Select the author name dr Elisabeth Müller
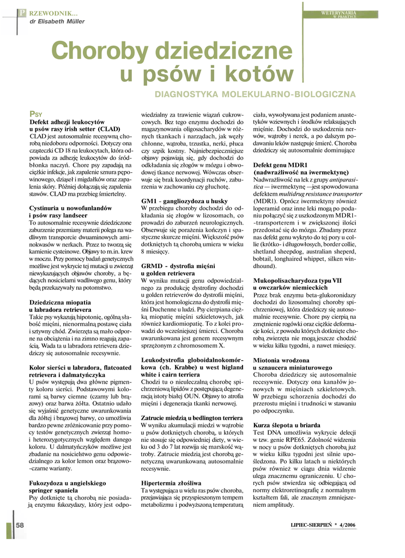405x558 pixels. [x=53, y=21]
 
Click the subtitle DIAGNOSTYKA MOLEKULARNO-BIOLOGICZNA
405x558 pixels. [x=256, y=94]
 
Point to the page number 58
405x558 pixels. [x=20, y=524]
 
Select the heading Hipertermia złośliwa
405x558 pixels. [x=171, y=483]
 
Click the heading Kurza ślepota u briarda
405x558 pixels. [x=287, y=424]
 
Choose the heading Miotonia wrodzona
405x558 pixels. [x=282, y=360]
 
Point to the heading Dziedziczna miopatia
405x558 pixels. [x=60, y=302]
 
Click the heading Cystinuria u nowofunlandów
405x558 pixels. [x=70, y=208]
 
